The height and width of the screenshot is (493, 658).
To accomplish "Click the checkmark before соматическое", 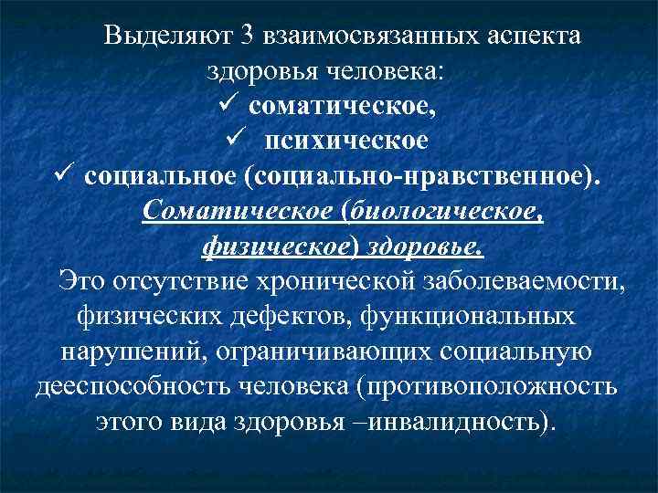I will [x=229, y=107].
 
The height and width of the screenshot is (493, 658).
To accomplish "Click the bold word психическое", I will [x=347, y=142].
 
